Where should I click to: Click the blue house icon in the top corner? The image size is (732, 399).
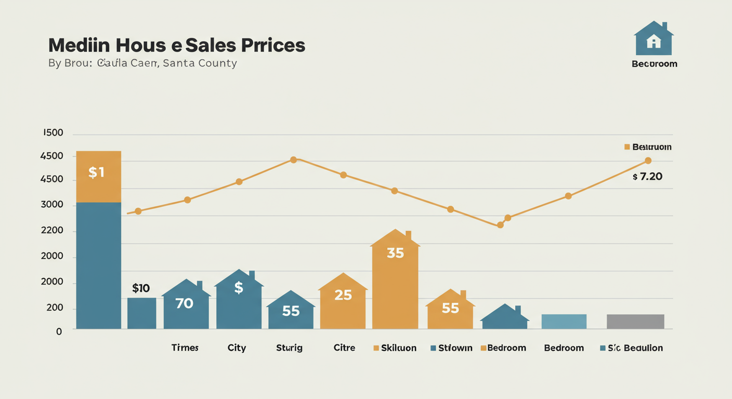(x=653, y=38)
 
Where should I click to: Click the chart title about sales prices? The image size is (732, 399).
(x=176, y=45)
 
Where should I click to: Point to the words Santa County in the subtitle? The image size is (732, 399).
(x=200, y=63)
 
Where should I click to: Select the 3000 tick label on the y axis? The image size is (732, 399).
(x=52, y=205)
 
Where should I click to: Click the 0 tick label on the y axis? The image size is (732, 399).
(x=59, y=331)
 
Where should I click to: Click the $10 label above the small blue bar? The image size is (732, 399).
(x=141, y=288)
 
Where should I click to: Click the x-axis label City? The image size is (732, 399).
(x=237, y=348)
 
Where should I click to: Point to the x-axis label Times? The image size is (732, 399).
(x=185, y=348)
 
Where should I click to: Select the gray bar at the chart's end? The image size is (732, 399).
(x=635, y=322)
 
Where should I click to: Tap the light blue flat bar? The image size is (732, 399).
(x=564, y=322)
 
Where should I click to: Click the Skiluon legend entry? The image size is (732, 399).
(x=395, y=348)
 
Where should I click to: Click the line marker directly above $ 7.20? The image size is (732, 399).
(x=648, y=161)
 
